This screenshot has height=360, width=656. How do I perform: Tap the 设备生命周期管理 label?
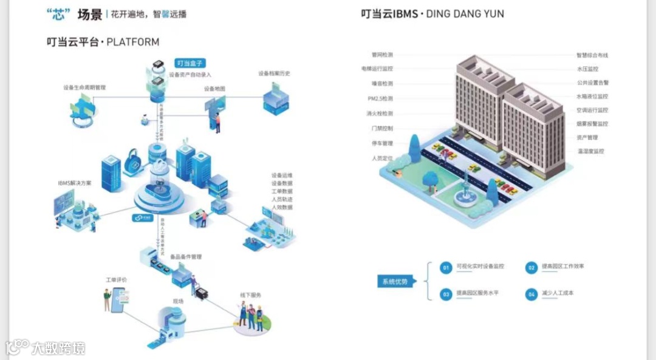(x=84, y=87)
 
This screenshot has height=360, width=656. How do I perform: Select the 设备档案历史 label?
(x=274, y=73)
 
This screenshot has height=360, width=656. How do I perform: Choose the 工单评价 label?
(x=116, y=280)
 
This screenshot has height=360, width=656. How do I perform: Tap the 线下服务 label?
(x=250, y=295)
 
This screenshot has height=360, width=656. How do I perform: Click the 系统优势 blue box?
(x=395, y=281)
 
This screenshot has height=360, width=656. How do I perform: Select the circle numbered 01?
(x=446, y=267)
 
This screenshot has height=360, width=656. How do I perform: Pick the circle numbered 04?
(x=531, y=294)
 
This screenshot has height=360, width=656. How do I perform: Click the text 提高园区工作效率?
(x=564, y=267)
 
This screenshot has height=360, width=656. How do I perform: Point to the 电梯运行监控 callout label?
(x=377, y=69)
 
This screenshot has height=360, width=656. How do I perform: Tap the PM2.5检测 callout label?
(x=380, y=98)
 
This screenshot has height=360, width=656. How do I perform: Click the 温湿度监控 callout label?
(x=590, y=151)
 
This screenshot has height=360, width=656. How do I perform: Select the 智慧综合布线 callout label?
(x=592, y=55)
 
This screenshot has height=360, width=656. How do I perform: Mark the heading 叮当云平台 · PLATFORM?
(x=103, y=42)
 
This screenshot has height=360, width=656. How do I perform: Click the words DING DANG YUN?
(x=466, y=13)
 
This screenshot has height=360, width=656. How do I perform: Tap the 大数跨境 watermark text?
(x=58, y=348)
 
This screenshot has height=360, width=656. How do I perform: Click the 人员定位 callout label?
(x=382, y=158)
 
